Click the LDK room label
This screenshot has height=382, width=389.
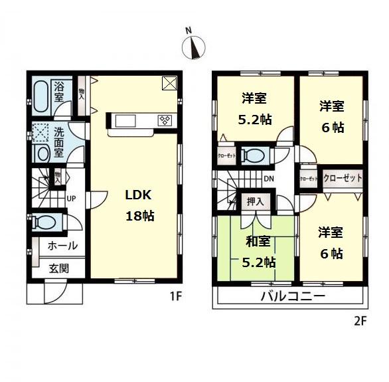pyautogui.click(x=140, y=195)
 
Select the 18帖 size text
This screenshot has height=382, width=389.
pyautogui.click(x=140, y=216)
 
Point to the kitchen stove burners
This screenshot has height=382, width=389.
pyautogui.click(x=165, y=120)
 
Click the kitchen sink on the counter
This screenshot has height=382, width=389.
pyautogui.click(x=125, y=120)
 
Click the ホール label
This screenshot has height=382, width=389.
pyautogui.click(x=62, y=246)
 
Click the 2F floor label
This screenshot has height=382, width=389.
pyautogui.click(x=359, y=320)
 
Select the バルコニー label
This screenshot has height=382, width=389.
pyautogui.click(x=292, y=296)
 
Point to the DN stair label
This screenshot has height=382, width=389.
pyautogui.click(x=268, y=179)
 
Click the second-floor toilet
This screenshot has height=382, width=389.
pyautogui.click(x=252, y=155)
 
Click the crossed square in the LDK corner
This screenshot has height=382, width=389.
pyautogui.click(x=169, y=84)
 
